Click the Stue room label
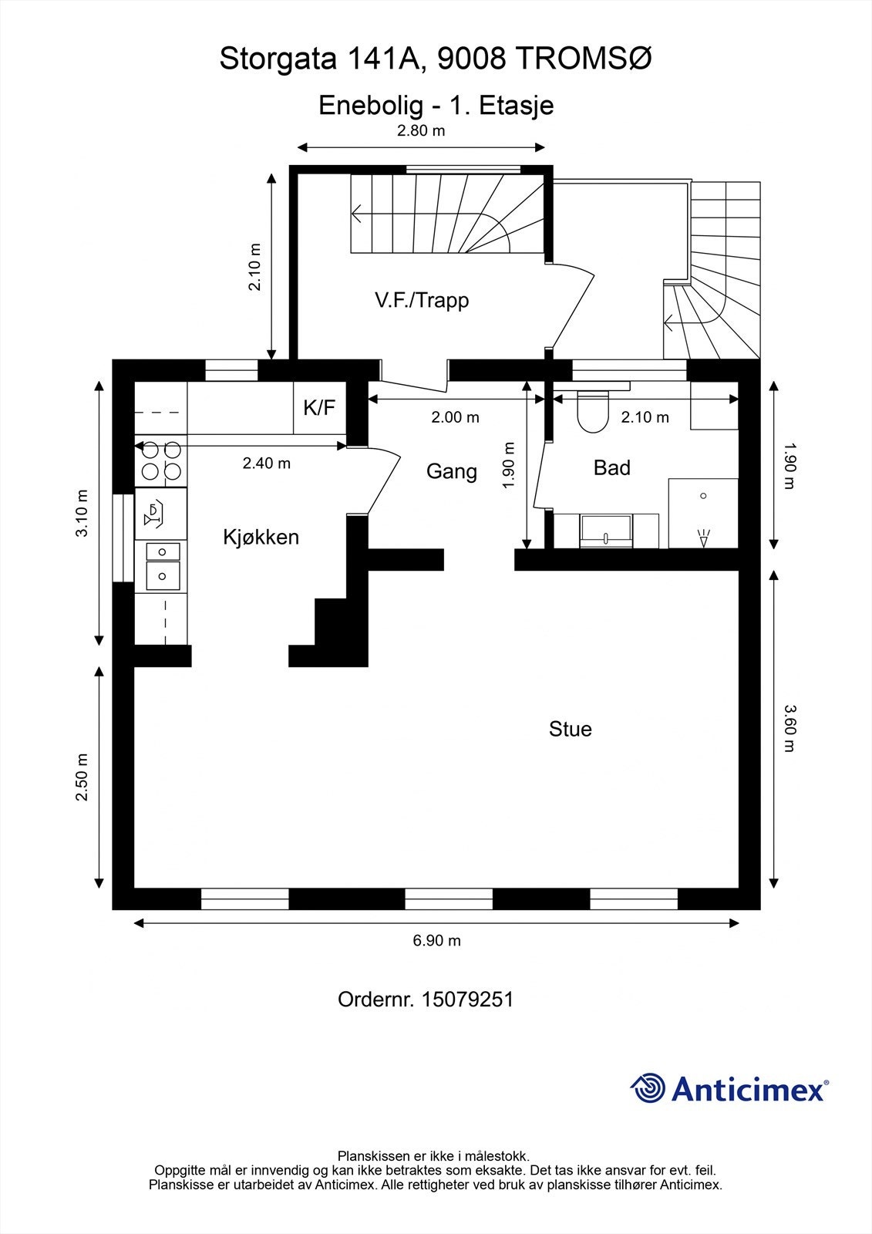pos(570,729)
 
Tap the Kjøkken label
pos(261,537)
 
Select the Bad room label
pos(611,467)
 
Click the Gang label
pos(451,471)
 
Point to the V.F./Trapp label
pos(422,300)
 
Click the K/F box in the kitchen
pos(319,407)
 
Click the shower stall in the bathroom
pos(702,513)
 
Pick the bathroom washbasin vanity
pos(606,531)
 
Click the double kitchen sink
pos(161,564)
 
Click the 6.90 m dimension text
pos(436,940)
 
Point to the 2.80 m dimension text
pos(421,130)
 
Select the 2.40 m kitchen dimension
pos(266,464)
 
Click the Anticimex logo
pos(729,1089)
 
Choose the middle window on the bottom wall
pos(448,899)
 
